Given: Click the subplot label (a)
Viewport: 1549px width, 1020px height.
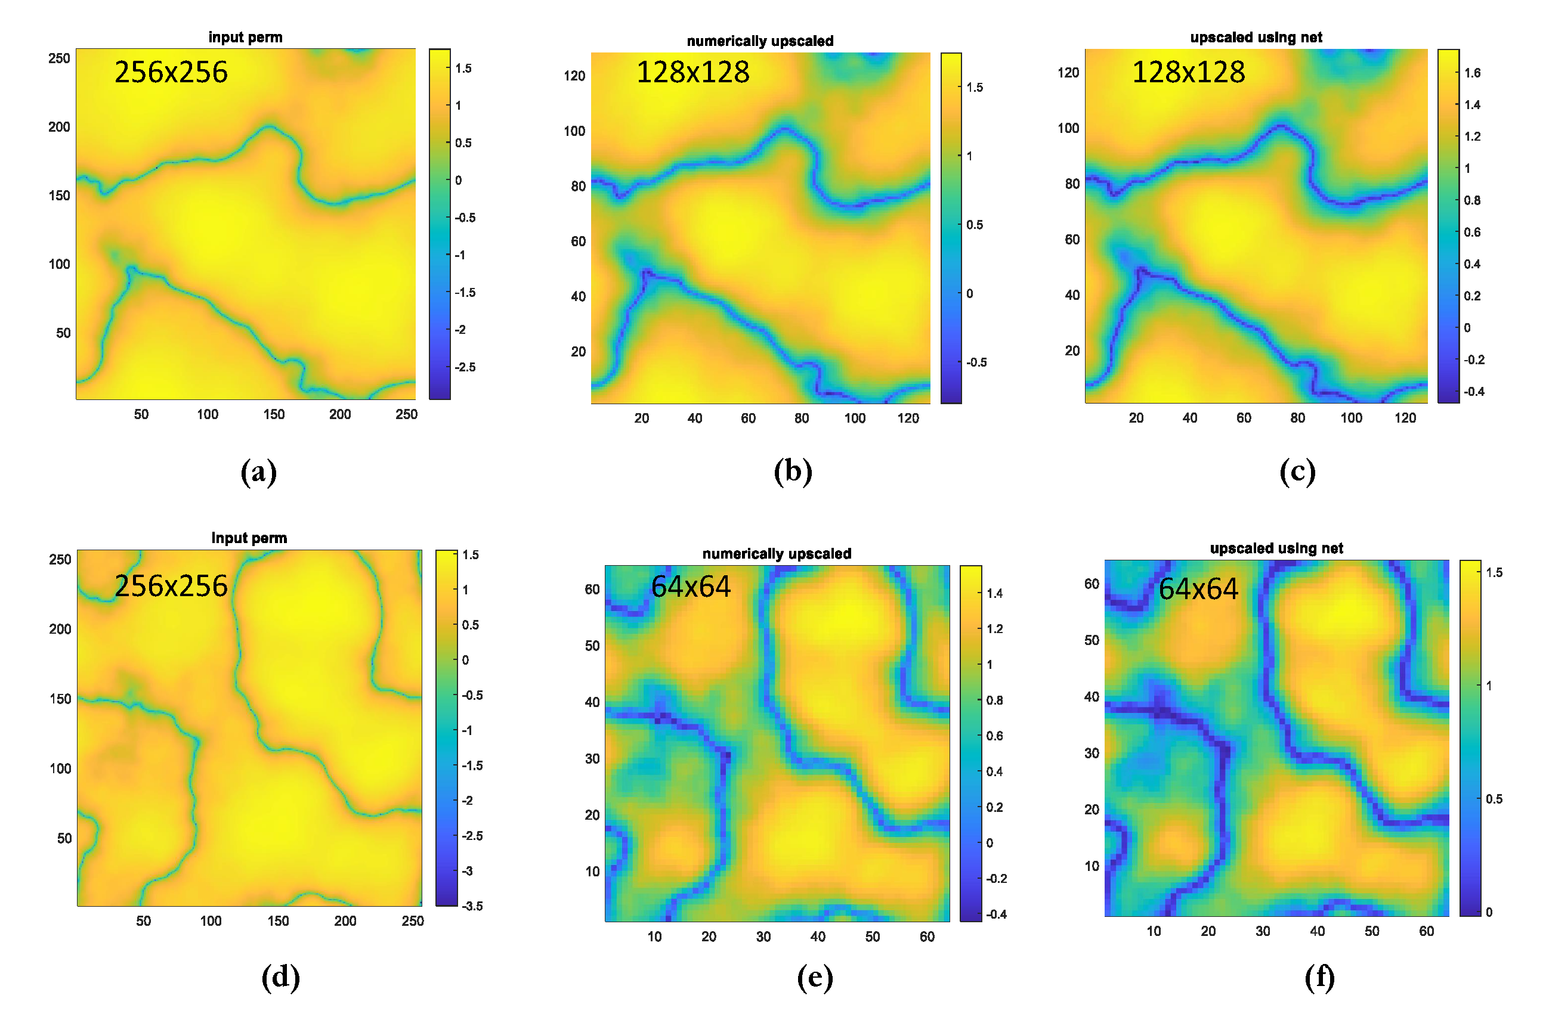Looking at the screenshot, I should click(x=258, y=472).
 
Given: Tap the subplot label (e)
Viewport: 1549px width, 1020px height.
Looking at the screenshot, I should click(x=814, y=977).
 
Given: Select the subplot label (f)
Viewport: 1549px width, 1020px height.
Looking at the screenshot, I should click(x=1319, y=977).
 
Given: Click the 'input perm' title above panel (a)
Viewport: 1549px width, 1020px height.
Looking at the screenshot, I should click(x=245, y=37).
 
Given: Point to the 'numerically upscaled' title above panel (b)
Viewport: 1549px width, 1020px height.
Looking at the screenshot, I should click(x=759, y=41).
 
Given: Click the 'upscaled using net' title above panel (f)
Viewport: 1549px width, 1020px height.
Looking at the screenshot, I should click(x=1276, y=548).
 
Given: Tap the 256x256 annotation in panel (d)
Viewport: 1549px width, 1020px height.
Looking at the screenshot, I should click(x=171, y=586).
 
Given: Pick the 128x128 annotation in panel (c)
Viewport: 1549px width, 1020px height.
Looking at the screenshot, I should click(x=1188, y=72).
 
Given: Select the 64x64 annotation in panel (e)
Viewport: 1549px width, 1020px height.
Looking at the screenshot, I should click(x=691, y=587).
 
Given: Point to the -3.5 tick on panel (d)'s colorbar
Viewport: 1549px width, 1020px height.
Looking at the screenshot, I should click(x=472, y=906).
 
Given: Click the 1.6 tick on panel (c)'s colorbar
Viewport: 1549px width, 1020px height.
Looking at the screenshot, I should click(x=1472, y=73).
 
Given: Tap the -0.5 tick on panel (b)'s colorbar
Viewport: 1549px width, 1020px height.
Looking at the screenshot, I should click(x=976, y=362).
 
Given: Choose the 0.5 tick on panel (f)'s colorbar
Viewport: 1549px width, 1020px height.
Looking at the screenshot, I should click(x=1494, y=799).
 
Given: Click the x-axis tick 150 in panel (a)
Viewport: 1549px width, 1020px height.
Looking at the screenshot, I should click(x=274, y=414).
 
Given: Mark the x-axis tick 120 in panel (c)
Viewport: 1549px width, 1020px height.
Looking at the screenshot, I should click(x=1405, y=418).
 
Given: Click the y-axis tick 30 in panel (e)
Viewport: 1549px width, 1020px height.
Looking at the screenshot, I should click(x=592, y=758).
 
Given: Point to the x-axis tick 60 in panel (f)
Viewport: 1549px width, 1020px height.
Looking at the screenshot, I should click(x=1426, y=931).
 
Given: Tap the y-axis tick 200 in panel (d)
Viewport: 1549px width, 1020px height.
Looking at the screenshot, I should click(x=60, y=629).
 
